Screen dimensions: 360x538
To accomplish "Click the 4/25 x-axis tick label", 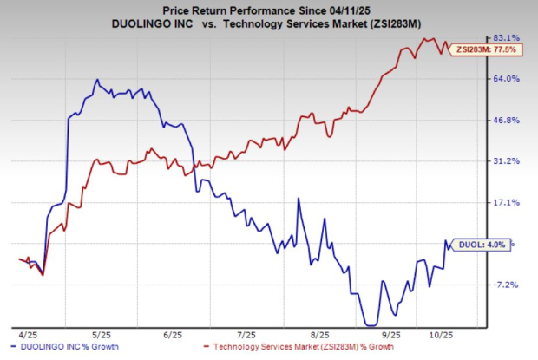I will point(27,334).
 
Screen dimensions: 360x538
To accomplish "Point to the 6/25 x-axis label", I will point(172,334).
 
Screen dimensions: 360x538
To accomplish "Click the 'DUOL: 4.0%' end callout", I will point(482,245).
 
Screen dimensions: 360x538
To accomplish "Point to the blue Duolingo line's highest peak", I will point(97,80).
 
